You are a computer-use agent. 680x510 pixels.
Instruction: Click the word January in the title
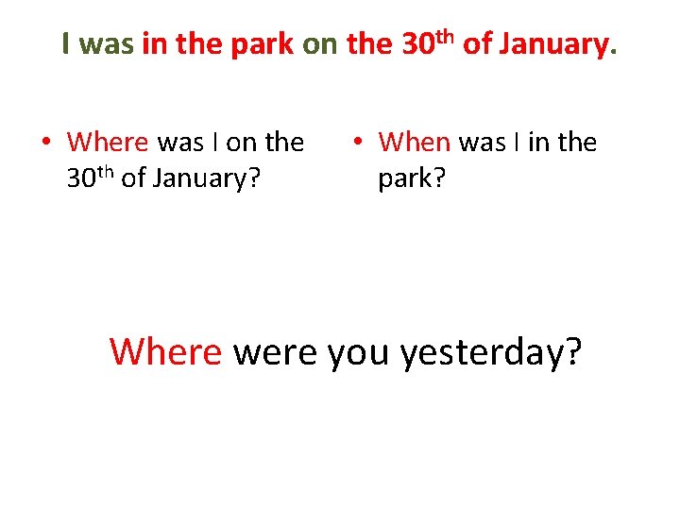555,43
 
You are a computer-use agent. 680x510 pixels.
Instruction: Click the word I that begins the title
65,43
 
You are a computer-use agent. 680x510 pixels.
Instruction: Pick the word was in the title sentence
107,44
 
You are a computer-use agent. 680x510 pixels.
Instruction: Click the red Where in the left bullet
108,143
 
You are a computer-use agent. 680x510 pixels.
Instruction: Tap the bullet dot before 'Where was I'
44,144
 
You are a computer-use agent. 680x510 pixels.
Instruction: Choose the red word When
414,143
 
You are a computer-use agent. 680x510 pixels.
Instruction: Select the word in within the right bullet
538,143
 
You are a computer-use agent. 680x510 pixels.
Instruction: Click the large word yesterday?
491,353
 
